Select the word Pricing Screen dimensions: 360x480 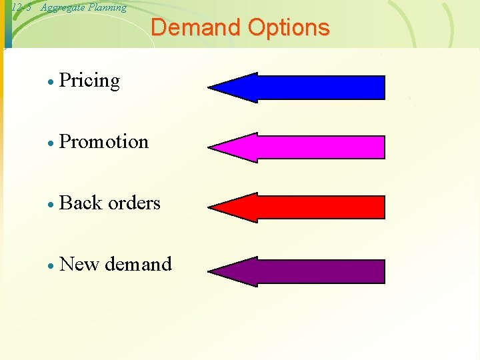pos(89,81)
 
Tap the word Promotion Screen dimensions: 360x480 pos(104,141)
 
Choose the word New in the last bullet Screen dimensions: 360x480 pos(79,264)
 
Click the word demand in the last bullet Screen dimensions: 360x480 pos(138,264)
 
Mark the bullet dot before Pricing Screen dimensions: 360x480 pos(51,83)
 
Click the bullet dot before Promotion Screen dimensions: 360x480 pos(51,143)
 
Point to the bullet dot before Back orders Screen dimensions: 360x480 pos(51,205)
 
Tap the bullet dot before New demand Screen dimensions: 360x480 pos(51,266)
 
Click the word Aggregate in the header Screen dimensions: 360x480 pos(61,7)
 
